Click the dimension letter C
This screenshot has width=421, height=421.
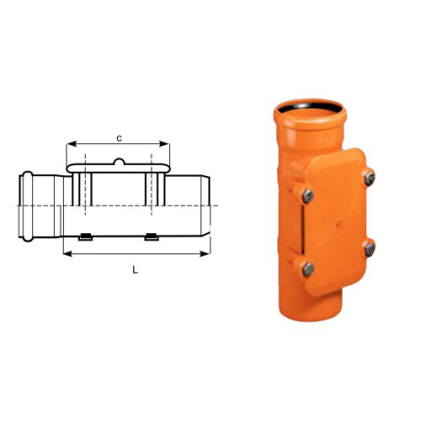coord(120,139)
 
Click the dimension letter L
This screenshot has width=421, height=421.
coord(136,270)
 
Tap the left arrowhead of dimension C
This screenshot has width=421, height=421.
coord(72,144)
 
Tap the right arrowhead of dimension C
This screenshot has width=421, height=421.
coord(164,144)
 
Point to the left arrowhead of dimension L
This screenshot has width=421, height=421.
coord(68,254)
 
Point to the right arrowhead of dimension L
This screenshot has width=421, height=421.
coord(205,254)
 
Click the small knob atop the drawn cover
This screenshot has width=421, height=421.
coord(119,162)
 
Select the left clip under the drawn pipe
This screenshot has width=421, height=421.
coord(85,237)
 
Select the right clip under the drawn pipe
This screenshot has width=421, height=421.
coord(152,237)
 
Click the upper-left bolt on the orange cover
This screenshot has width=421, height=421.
coord(308,196)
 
